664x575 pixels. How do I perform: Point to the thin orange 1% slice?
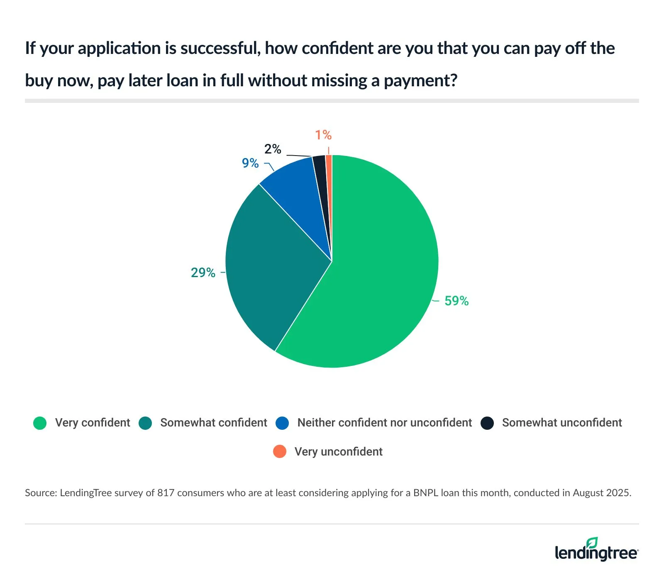tap(329, 166)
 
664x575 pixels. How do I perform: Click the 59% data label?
tap(456, 301)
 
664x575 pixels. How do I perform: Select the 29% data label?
tap(203, 273)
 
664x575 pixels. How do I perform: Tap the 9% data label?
tap(250, 163)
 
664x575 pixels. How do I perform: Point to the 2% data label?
tap(273, 149)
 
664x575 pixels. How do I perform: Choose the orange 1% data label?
tap(323, 135)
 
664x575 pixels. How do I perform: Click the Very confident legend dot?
tap(40, 423)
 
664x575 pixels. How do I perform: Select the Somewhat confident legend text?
tap(213, 423)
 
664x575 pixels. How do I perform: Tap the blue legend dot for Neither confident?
tap(282, 423)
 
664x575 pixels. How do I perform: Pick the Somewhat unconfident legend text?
tap(562, 423)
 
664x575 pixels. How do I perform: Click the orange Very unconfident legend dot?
tap(280, 451)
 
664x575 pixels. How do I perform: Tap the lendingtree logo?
tap(596, 550)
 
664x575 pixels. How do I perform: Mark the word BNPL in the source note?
tap(426, 493)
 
